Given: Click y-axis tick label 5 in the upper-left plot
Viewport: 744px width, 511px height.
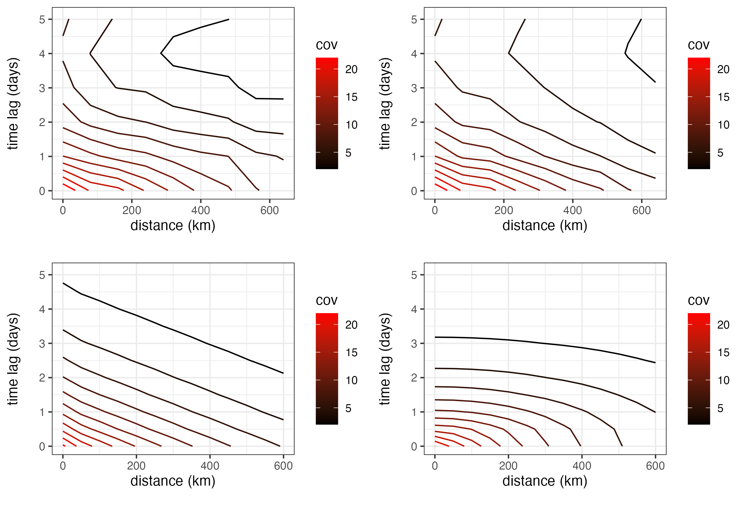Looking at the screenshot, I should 42,20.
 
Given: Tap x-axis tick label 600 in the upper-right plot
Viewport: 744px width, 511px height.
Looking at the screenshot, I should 641,210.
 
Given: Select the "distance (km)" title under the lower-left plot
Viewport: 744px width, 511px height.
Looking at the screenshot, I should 173,481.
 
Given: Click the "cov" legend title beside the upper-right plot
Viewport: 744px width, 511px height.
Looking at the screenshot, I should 698,45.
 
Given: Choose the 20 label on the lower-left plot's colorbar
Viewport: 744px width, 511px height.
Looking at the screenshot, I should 351,325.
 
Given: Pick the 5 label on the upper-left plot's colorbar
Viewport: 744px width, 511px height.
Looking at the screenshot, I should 348,153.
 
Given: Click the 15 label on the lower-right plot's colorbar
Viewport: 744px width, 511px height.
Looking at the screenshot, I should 723,353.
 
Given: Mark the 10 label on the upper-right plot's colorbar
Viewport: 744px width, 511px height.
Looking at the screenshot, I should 723,125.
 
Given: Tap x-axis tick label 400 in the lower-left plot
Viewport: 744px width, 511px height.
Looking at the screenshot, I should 210,466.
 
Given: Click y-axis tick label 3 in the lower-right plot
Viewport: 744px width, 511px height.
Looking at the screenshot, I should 414,344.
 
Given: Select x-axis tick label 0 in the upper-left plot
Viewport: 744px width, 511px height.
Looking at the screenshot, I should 63,210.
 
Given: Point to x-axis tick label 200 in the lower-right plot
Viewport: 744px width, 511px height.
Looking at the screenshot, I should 508,466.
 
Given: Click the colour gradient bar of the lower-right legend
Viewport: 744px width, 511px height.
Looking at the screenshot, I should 698,369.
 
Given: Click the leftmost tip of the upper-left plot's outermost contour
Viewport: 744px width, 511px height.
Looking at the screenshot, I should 161,53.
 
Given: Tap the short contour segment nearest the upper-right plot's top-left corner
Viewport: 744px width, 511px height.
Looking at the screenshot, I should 438,28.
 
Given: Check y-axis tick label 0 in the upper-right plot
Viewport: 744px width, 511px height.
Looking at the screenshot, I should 414,191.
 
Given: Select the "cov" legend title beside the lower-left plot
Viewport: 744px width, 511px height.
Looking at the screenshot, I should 326,301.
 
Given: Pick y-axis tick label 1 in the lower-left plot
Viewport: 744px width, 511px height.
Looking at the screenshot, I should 42,413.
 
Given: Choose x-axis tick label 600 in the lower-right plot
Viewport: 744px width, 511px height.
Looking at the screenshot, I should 655,466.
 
